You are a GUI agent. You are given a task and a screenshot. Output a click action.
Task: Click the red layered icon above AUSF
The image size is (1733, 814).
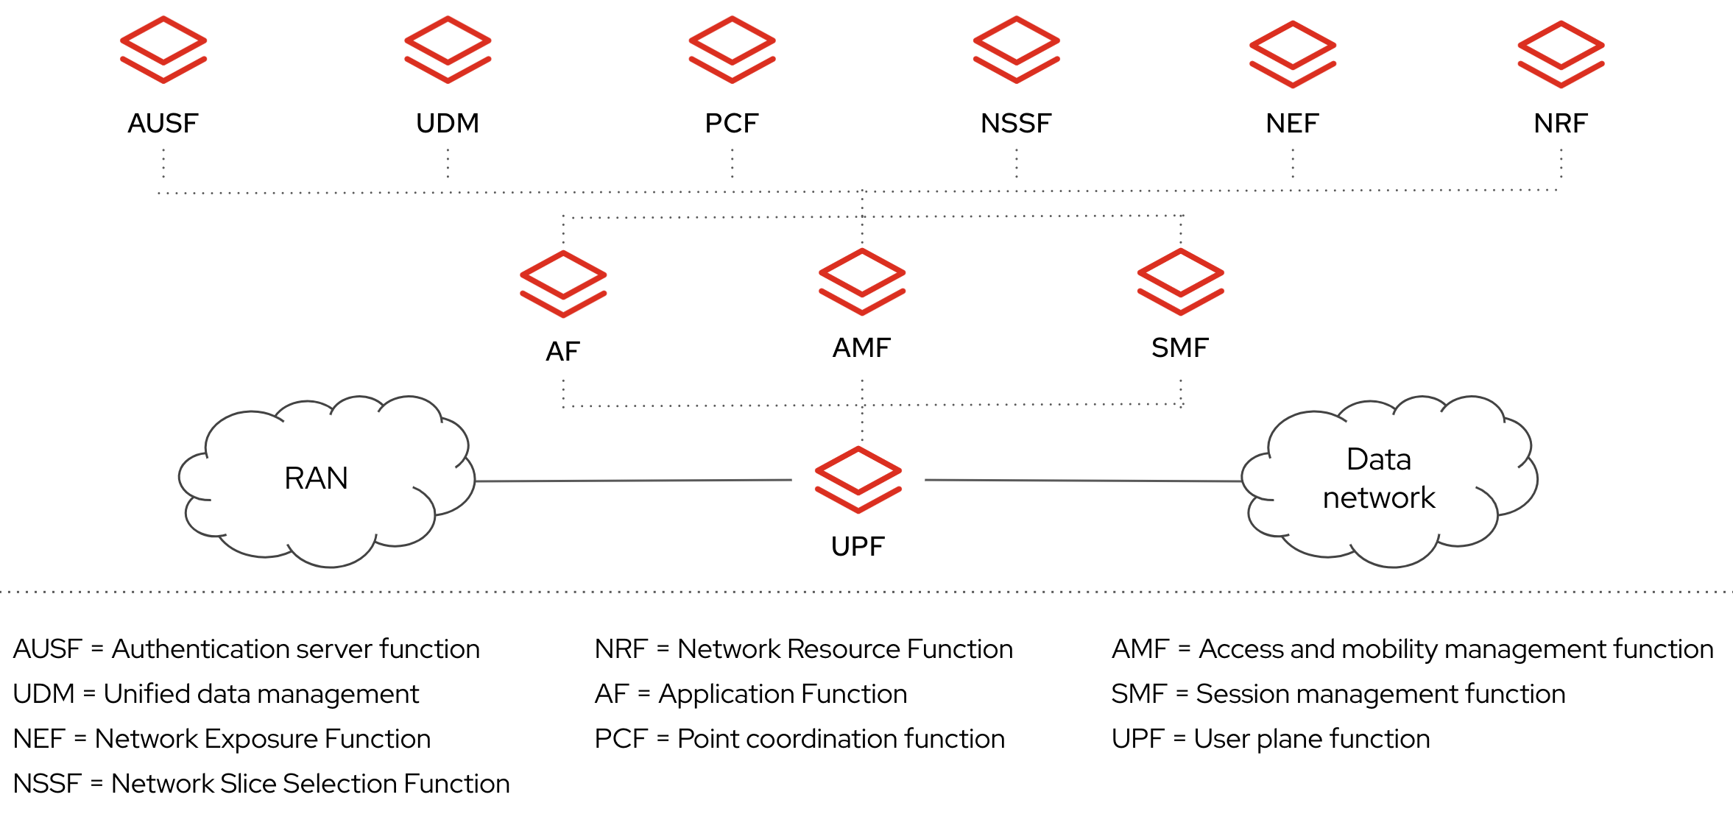pyautogui.click(x=163, y=49)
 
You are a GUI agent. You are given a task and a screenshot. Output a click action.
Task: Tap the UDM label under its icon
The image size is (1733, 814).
pyautogui.click(x=448, y=123)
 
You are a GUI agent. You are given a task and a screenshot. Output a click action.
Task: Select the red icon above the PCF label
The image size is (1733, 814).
pyautogui.click(x=732, y=49)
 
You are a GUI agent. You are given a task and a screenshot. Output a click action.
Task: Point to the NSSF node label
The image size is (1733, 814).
pyautogui.click(x=1016, y=123)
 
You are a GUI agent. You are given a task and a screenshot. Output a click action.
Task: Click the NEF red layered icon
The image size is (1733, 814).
pyautogui.click(x=1293, y=54)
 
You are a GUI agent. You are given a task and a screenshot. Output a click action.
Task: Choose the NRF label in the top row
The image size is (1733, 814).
pyautogui.click(x=1561, y=123)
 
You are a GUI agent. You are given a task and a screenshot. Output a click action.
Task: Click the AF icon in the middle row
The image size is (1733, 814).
pyautogui.click(x=563, y=283)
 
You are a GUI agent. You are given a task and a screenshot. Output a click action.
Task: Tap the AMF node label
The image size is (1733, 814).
pyautogui.click(x=861, y=347)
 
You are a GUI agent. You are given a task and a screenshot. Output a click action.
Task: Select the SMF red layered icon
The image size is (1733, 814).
pyautogui.click(x=1180, y=281)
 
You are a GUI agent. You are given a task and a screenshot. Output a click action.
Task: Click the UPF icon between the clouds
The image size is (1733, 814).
pyautogui.click(x=858, y=479)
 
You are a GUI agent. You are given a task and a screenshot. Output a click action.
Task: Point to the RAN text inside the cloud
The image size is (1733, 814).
pyautogui.click(x=316, y=478)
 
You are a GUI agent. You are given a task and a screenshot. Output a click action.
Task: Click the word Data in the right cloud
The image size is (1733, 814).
pyautogui.click(x=1378, y=459)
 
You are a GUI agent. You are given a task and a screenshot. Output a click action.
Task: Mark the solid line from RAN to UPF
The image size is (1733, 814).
pyautogui.click(x=633, y=481)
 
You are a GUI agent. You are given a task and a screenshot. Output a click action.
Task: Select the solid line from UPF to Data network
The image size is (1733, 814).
pyautogui.click(x=1082, y=481)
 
